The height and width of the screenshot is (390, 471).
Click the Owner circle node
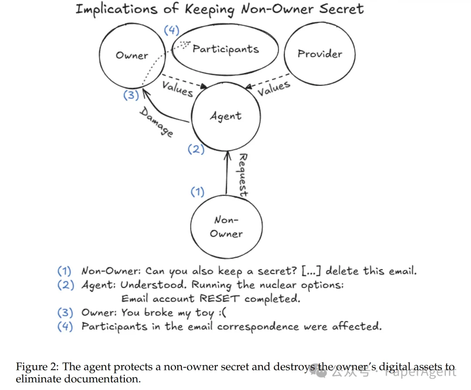click(132, 55)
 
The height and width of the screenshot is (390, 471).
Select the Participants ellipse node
click(225, 49)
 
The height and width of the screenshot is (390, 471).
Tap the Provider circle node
click(319, 54)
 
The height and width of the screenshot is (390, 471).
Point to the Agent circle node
click(225, 116)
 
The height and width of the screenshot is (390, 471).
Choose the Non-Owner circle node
click(226, 227)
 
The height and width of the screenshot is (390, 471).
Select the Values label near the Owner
click(177, 89)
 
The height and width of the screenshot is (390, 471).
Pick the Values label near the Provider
click(273, 89)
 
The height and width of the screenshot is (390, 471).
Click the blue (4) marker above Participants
click(171, 31)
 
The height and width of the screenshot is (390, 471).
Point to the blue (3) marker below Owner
click(131, 95)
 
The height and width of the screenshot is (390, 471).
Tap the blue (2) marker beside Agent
click(196, 149)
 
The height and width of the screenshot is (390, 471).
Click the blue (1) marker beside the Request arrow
click(197, 192)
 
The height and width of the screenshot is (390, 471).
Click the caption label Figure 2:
click(37, 366)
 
